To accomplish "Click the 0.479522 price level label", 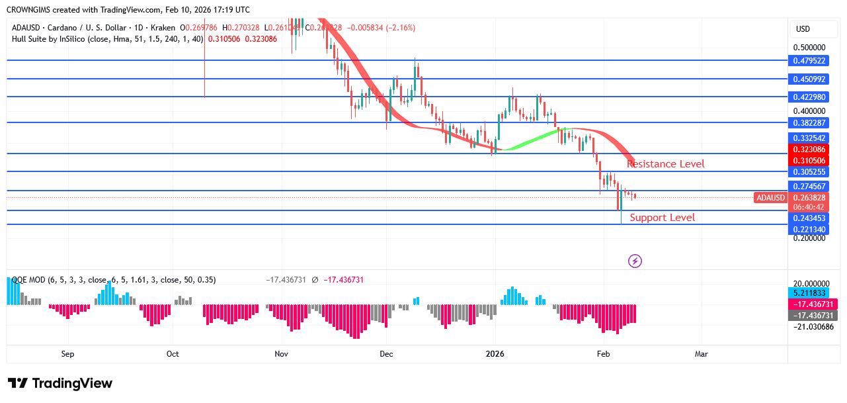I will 809,60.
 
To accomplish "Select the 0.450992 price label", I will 809,79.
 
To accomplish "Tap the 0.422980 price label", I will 809,97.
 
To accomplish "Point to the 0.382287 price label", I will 809,122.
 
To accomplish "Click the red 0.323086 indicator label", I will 809,150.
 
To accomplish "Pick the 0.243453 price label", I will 809,218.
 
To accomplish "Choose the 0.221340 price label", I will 809,229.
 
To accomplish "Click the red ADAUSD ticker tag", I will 770,197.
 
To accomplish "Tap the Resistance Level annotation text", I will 666,164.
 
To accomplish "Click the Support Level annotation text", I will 662,218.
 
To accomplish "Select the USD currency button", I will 803,29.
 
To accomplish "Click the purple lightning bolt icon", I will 635,261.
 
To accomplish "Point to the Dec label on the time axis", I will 386,354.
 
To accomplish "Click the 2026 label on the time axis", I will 495,354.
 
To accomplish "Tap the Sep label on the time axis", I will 67,354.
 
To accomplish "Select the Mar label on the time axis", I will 702,354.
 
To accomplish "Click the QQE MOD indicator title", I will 36,280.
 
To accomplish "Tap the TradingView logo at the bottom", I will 60,383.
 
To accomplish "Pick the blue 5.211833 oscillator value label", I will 809,292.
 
